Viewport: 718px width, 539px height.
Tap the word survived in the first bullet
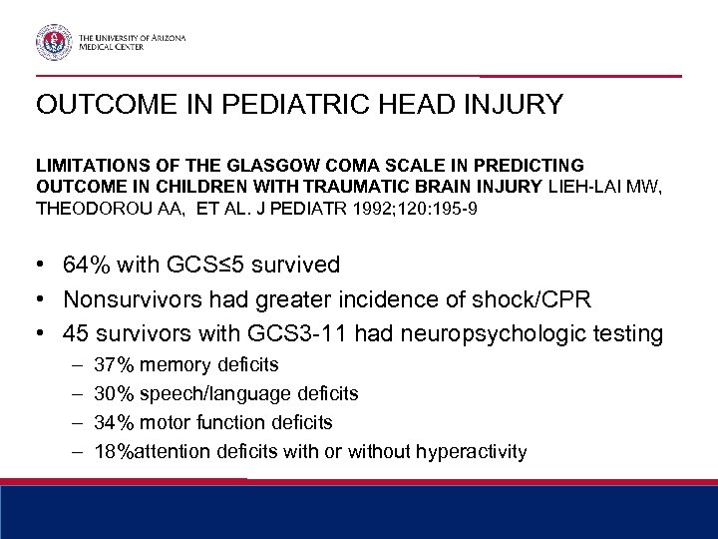click(297, 265)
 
